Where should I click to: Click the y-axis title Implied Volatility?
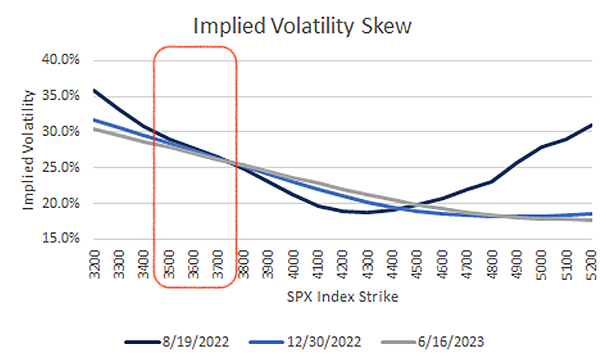pos(28,150)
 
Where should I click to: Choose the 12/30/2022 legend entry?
pos(306,341)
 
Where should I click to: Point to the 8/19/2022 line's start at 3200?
pos(94,90)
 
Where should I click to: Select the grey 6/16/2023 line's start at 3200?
pos(94,129)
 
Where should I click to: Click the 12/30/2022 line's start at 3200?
pos(94,120)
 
